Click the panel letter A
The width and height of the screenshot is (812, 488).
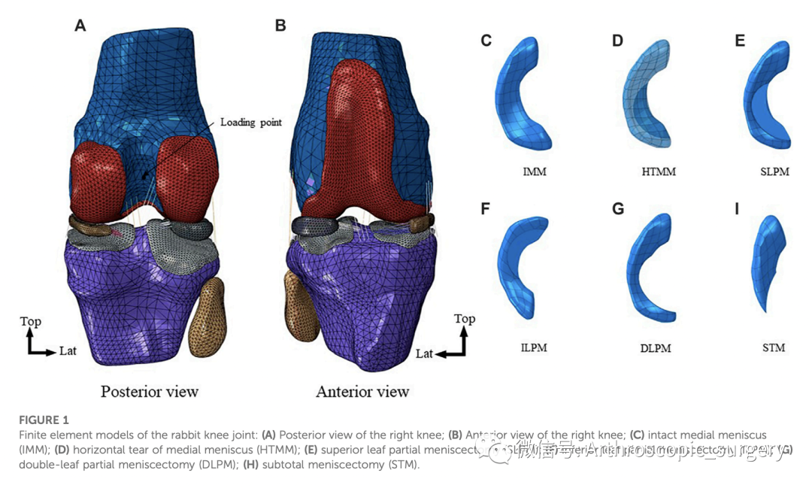click(x=80, y=26)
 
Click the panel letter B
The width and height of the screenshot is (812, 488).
click(x=280, y=26)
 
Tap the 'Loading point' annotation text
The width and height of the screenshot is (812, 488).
click(x=251, y=122)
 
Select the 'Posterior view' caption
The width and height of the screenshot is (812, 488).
click(x=150, y=391)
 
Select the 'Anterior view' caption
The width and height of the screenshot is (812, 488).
click(x=362, y=391)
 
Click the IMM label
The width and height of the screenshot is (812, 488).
click(x=534, y=172)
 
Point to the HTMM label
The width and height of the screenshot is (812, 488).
click(x=659, y=172)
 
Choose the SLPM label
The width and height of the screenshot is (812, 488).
click(x=774, y=172)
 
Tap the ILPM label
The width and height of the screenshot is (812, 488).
click(x=533, y=347)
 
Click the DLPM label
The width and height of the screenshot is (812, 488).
click(x=655, y=348)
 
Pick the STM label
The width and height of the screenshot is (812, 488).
click(x=773, y=347)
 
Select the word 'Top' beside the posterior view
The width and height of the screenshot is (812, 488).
click(x=31, y=322)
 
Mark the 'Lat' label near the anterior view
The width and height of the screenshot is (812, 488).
click(x=424, y=353)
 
